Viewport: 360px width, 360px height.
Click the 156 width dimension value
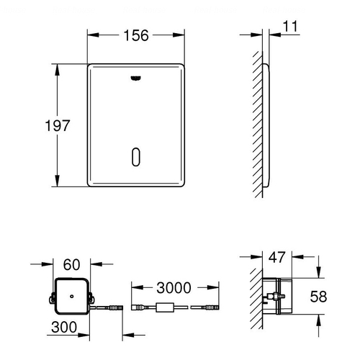pos(136,35)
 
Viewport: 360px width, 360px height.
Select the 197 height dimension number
pos(58,125)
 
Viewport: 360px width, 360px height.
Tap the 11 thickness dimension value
pos(290,26)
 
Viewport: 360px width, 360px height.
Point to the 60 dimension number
pos(71,264)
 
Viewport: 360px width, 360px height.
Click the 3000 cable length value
pos(174,287)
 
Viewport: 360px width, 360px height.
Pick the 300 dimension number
pos(64,327)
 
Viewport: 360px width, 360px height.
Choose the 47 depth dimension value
pos(277,257)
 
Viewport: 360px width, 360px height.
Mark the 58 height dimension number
pos(318,297)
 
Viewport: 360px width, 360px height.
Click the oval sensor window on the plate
pos(136,157)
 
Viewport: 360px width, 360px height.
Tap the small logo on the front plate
pos(136,78)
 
